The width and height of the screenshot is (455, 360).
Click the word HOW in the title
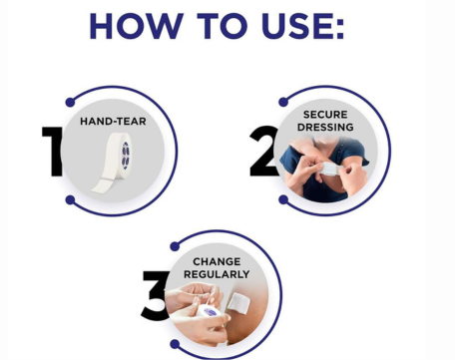pyautogui.click(x=137, y=26)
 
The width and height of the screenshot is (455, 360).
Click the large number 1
pyautogui.click(x=53, y=151)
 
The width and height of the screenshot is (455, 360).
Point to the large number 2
pyautogui.click(x=264, y=151)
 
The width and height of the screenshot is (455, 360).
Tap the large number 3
pyautogui.click(x=155, y=296)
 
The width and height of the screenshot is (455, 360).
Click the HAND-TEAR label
pyautogui.click(x=113, y=122)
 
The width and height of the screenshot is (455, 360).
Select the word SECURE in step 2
pyautogui.click(x=325, y=115)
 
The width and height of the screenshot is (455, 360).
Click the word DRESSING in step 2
pyautogui.click(x=325, y=127)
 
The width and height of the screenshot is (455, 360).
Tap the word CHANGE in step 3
pyautogui.click(x=217, y=261)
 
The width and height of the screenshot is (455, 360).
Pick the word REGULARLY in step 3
pyautogui.click(x=217, y=274)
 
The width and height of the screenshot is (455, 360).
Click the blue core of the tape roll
pyautogui.click(x=126, y=156)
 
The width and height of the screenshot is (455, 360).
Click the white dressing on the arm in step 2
pyautogui.click(x=330, y=169)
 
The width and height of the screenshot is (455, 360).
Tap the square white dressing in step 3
pyautogui.click(x=239, y=302)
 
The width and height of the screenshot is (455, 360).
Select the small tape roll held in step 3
pyautogui.click(x=209, y=312)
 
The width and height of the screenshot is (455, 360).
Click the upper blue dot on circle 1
pyautogui.click(x=70, y=102)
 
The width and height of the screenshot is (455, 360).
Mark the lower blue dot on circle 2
pyautogui.click(x=283, y=199)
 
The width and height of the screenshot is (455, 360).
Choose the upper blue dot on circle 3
pyautogui.click(x=175, y=246)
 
